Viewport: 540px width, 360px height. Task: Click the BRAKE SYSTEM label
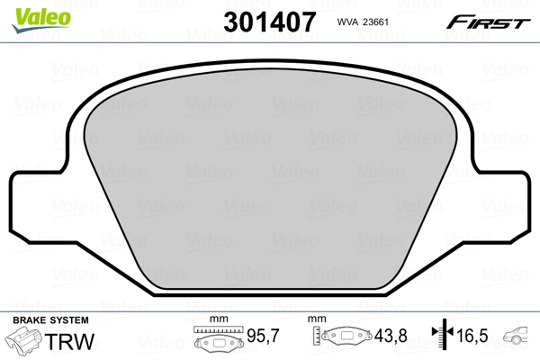[49, 320]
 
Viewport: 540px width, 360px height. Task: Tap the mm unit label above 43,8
[315, 320]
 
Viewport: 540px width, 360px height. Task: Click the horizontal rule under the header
[270, 39]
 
